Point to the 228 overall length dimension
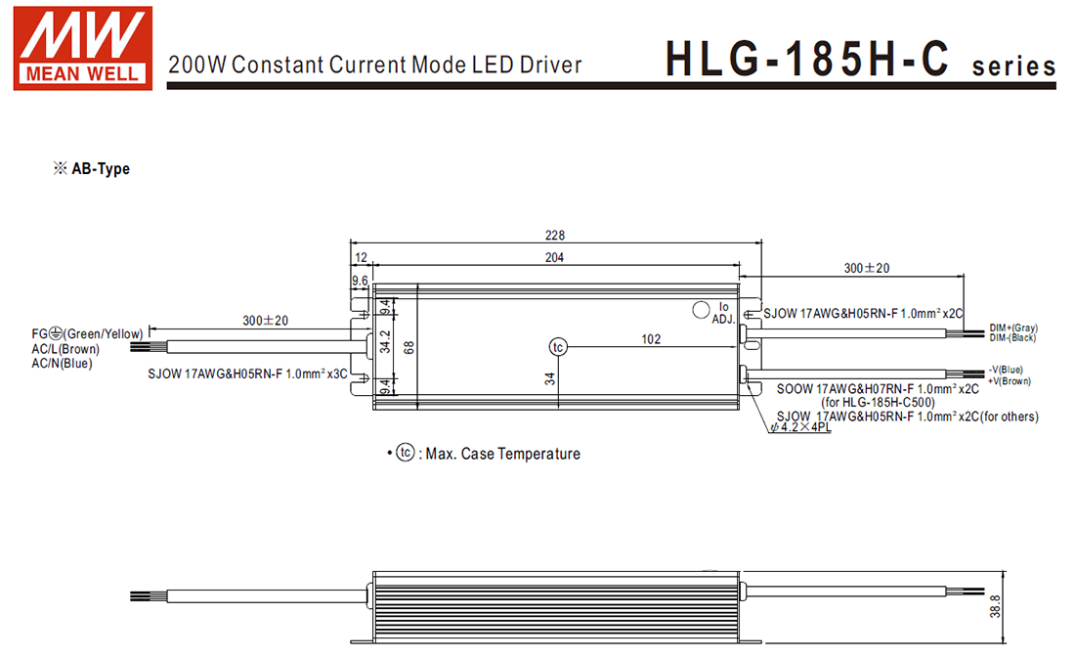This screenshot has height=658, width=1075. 555,236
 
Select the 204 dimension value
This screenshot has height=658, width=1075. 555,257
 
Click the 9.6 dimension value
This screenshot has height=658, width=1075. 360,282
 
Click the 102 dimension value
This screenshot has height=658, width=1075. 651,339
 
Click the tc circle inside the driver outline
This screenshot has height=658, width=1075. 558,347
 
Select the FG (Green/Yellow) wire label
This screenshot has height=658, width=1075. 87,334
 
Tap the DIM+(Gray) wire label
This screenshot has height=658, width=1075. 1013,328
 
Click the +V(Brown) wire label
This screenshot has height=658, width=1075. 1010,381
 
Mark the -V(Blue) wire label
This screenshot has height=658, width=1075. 1007,370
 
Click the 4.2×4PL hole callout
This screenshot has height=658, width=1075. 800,428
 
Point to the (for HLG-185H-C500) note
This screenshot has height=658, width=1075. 878,402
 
